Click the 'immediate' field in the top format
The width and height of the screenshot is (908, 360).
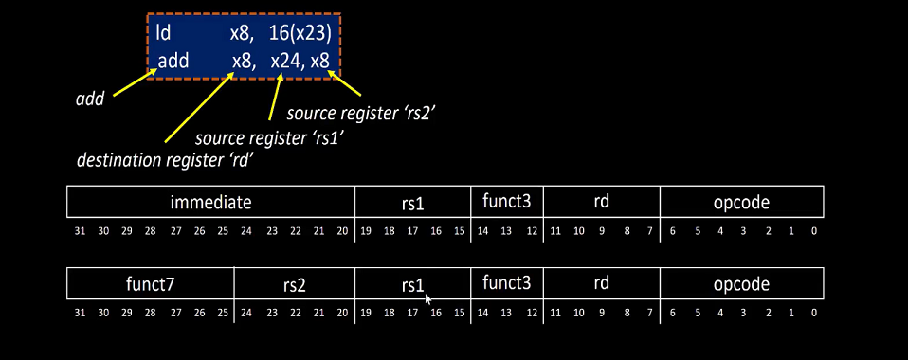(x=210, y=202)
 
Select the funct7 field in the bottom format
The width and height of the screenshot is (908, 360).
(x=151, y=283)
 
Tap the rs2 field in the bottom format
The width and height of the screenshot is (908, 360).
(x=295, y=283)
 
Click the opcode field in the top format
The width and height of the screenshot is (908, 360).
(x=741, y=202)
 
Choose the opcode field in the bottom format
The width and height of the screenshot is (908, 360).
(x=741, y=283)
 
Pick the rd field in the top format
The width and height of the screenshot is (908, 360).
(x=601, y=202)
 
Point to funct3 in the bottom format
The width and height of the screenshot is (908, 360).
(x=506, y=282)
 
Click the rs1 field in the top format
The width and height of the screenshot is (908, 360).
(x=412, y=202)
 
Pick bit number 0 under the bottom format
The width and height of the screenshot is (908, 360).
(x=814, y=313)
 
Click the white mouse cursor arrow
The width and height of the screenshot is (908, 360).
(x=428, y=299)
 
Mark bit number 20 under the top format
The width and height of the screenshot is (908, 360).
(x=342, y=231)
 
